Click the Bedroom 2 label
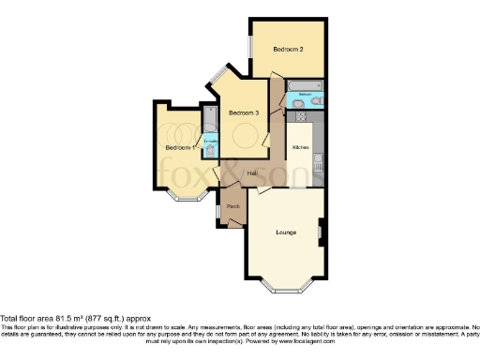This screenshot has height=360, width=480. click(x=288, y=48)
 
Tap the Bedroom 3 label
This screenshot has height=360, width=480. click(x=243, y=112)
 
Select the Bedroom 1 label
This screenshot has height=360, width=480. click(x=179, y=148)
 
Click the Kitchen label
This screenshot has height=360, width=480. click(x=301, y=148)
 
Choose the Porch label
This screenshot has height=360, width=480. click(x=232, y=206)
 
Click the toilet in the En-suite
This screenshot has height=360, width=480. click(x=209, y=149)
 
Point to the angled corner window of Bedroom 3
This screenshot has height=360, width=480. click(x=217, y=74)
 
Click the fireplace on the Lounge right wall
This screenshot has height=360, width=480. click(x=322, y=231)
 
